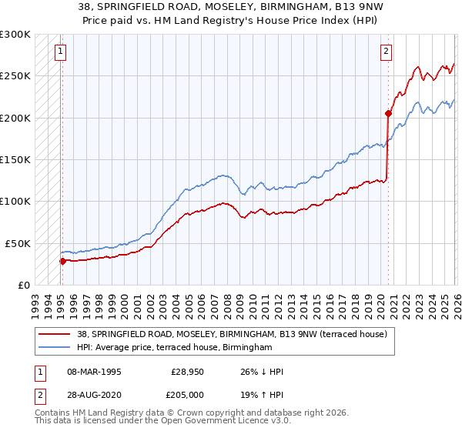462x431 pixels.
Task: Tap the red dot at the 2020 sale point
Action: coord(388,113)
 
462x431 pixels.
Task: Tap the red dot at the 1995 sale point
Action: coord(62,260)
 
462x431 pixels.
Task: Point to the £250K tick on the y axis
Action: coord(15,75)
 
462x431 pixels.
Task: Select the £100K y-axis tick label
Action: coord(15,201)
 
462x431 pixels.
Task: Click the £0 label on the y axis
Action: coord(22,285)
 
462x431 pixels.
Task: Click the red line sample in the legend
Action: coord(55,334)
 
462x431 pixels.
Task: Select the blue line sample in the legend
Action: coord(55,348)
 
